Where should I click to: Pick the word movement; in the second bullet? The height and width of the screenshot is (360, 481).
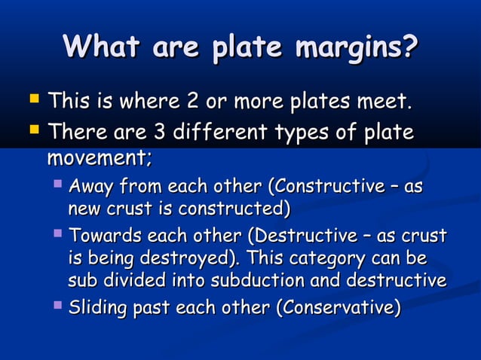pyautogui.click(x=100, y=159)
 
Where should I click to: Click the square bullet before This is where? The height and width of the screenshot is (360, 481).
pyautogui.click(x=32, y=99)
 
